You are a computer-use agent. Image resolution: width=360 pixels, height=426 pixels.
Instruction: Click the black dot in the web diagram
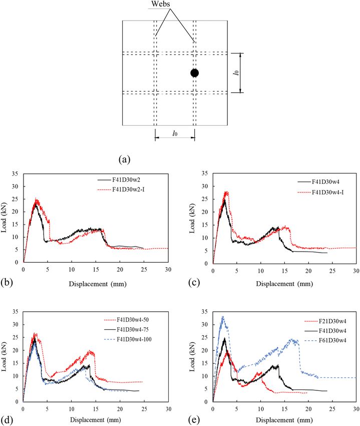click(194, 73)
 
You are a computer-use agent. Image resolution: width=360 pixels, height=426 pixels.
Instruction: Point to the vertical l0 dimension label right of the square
click(249, 73)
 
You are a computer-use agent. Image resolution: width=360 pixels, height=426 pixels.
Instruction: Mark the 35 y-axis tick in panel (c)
click(206, 173)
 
